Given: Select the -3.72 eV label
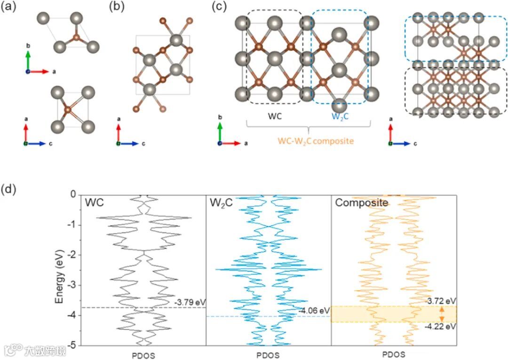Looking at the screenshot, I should pos(440,301).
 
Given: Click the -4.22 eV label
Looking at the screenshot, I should pos(440,327).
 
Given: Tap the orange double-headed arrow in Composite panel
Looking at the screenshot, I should pos(441,313).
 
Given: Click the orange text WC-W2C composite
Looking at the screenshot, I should pos(308,141).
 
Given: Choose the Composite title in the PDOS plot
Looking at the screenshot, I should pos(361,203).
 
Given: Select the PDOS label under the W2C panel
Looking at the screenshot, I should pos(269,354).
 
